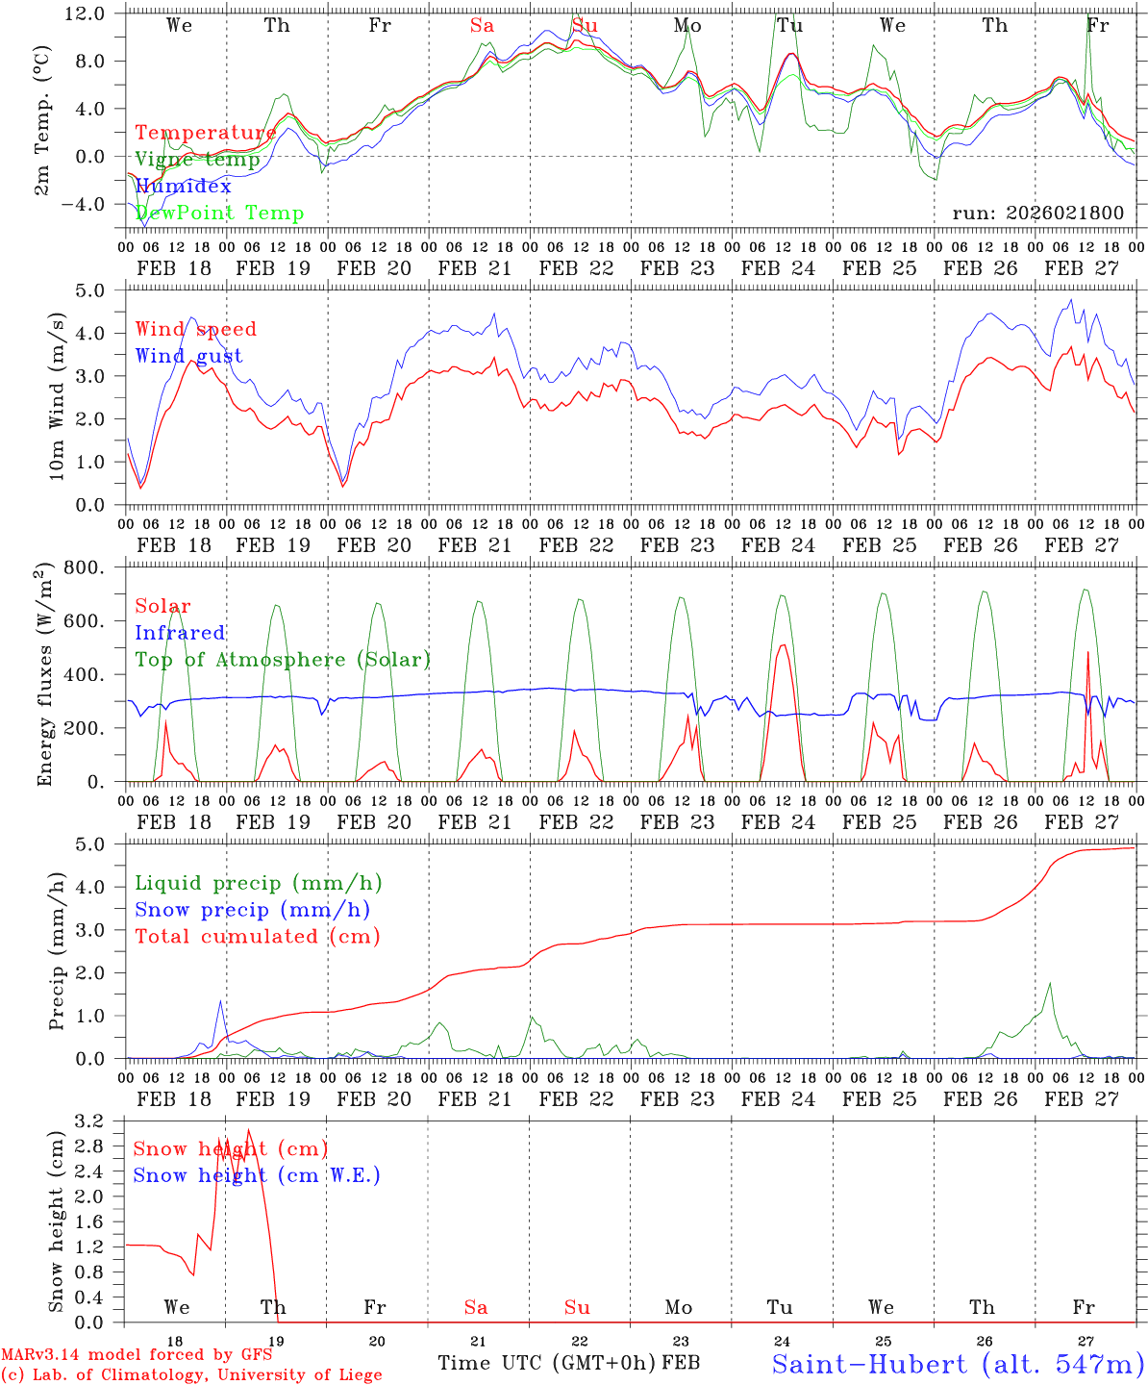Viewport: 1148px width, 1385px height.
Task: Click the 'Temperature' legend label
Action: (205, 133)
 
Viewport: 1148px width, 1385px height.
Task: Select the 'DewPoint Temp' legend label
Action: (219, 214)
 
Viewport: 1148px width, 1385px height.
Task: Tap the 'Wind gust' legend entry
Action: (188, 356)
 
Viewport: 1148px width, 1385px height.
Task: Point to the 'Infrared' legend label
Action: (180, 633)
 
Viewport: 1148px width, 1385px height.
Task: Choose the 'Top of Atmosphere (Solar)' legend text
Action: (282, 660)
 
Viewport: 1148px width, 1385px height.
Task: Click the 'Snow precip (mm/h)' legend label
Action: (252, 910)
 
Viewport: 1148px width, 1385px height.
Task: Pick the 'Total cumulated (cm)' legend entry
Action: (257, 936)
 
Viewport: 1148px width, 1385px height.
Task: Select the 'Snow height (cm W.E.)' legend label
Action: (256, 1175)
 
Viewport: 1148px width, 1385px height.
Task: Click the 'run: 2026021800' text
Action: (1037, 214)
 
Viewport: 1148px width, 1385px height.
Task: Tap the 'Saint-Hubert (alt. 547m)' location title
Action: (958, 1364)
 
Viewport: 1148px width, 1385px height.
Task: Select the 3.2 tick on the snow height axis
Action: (101, 1121)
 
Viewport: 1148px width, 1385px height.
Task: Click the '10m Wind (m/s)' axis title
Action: (58, 395)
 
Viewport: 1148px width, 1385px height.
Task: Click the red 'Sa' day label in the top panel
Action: (482, 26)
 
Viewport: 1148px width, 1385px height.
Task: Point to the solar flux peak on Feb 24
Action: (783, 644)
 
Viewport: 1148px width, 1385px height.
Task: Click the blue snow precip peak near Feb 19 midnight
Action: (221, 1001)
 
